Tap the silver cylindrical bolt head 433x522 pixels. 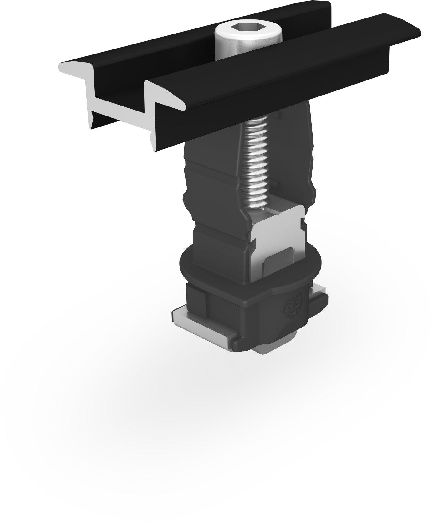(x=233, y=44)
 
